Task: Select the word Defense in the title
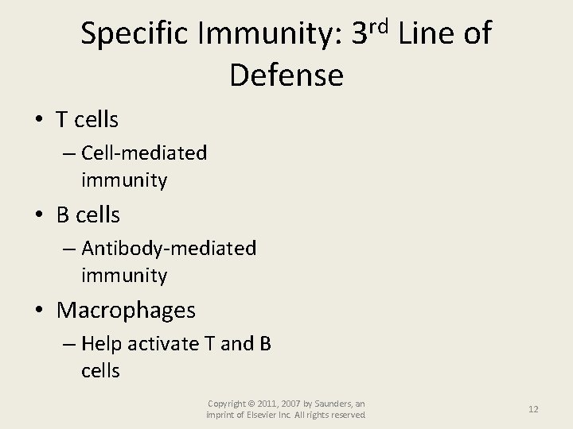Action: tap(286, 75)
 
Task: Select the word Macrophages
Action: tap(126, 310)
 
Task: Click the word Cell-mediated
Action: tap(144, 153)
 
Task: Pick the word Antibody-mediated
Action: tap(169, 249)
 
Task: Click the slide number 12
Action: tap(533, 409)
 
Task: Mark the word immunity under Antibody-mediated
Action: tap(124, 276)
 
